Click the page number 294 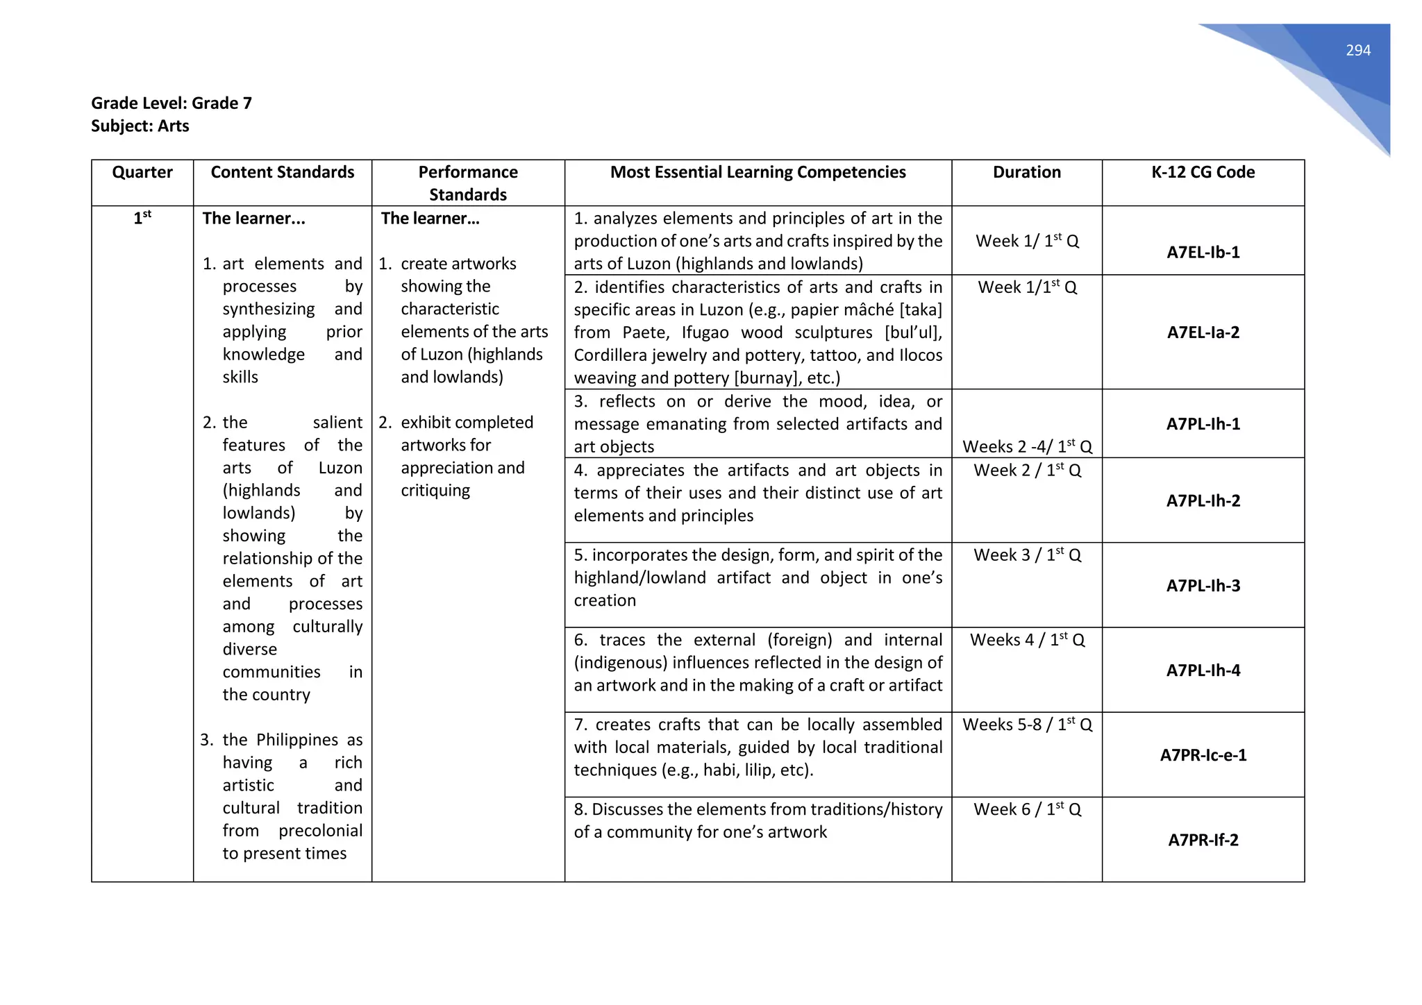[x=1357, y=51]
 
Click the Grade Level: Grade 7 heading [x=172, y=103]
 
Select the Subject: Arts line [x=140, y=126]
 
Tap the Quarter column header [x=142, y=172]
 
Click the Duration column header [x=1026, y=172]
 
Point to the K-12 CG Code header [x=1203, y=172]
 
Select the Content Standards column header [x=283, y=172]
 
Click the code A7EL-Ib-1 [x=1203, y=252]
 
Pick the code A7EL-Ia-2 [x=1203, y=332]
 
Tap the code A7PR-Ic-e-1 [x=1203, y=755]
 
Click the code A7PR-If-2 [x=1203, y=841]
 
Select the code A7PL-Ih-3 [x=1203, y=586]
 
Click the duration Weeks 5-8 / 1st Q [x=1027, y=725]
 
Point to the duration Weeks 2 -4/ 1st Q [x=1027, y=447]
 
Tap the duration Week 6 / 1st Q [x=1027, y=809]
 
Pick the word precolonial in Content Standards [x=320, y=831]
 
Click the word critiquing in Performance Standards [x=435, y=491]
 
